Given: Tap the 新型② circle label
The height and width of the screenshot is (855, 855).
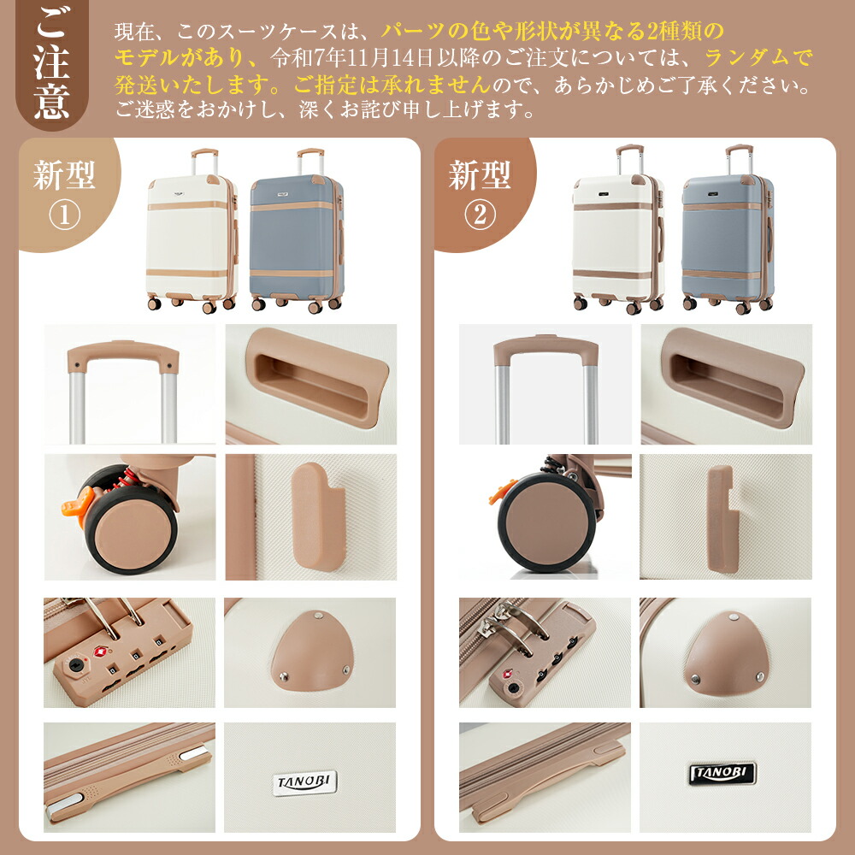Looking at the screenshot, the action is pos(482,193).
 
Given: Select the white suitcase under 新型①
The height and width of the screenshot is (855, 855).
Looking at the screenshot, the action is pos(192,231).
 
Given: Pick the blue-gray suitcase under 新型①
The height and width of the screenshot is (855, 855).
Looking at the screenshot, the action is pos(298,231).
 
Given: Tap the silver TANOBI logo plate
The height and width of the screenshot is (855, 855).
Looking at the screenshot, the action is pos(304,782).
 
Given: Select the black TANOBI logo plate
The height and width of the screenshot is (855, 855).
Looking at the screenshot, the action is pos(722,773).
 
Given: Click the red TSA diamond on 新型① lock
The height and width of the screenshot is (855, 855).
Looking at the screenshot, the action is pos(100,652).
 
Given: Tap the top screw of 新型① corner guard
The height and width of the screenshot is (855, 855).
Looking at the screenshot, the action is pos(317,616).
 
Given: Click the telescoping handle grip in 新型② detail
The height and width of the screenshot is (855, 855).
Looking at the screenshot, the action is pos(545,349).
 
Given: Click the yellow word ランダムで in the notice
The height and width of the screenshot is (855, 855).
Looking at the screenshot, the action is pos(758,57).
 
